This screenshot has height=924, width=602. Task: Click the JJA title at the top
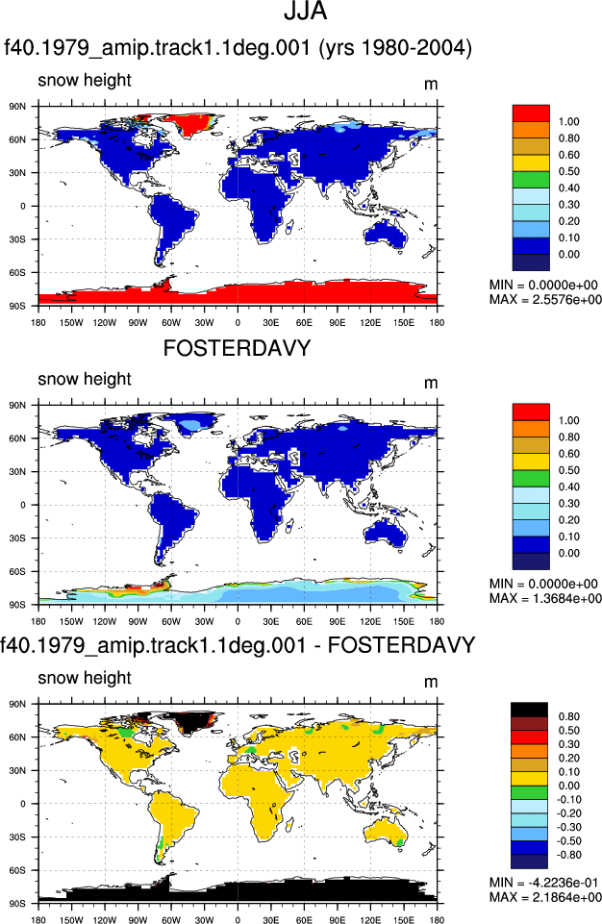point(306,12)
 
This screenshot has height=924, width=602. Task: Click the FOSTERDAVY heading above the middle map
point(237,348)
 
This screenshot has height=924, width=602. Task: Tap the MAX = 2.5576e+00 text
point(545,299)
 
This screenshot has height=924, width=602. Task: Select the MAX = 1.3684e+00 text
point(545,598)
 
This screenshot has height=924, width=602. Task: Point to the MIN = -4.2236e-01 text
point(543,883)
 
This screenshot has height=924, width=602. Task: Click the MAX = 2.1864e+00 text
point(545,897)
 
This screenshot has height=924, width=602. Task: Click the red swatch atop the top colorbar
point(531,113)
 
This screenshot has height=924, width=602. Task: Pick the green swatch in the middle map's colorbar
point(531,479)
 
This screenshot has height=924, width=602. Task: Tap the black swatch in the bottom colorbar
point(530,710)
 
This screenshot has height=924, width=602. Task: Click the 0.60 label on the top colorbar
point(569,155)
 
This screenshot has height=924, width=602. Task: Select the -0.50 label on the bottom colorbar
point(569,841)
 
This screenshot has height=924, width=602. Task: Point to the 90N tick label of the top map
point(17,107)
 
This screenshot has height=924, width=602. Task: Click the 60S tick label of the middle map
point(17,571)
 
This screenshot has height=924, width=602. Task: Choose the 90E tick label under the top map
point(338,322)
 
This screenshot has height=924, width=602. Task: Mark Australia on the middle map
point(387,533)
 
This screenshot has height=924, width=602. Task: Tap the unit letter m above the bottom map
point(431,682)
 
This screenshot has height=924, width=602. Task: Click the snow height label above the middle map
point(85,379)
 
